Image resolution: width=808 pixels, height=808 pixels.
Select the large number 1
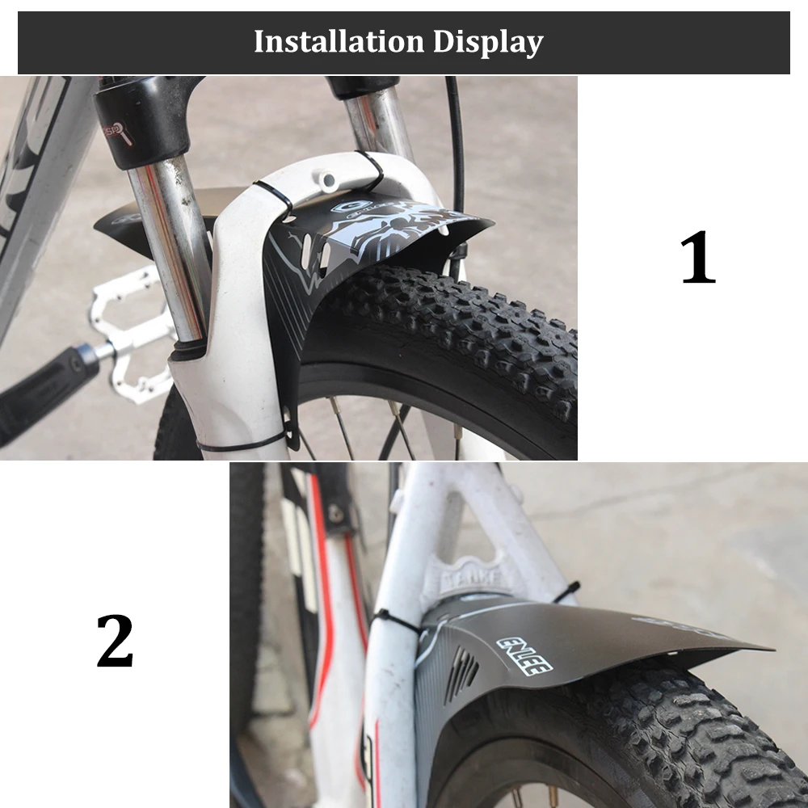tap(698, 258)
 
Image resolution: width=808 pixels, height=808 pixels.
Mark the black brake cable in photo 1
tap(457, 145)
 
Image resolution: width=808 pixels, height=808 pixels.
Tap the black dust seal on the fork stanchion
tap(187, 349)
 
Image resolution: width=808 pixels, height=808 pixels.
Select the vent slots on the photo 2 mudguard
tap(461, 672)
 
